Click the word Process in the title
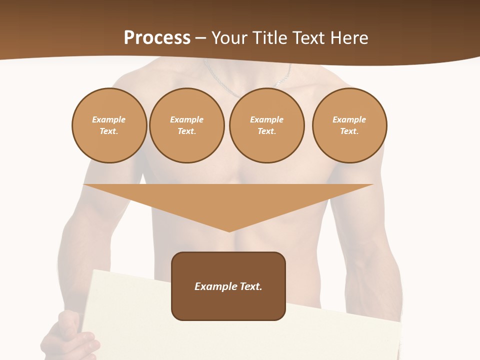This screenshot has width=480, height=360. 157,38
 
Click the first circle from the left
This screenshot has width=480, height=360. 109,125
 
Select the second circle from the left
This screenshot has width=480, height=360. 187,125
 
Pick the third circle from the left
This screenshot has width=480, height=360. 266,125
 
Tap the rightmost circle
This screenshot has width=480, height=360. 349,125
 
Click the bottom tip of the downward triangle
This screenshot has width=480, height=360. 229,231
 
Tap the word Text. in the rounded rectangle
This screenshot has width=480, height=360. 250,286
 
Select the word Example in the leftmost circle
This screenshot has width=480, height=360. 109,119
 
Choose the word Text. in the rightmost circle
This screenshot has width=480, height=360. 349,131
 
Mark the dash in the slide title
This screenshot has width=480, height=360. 200,38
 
